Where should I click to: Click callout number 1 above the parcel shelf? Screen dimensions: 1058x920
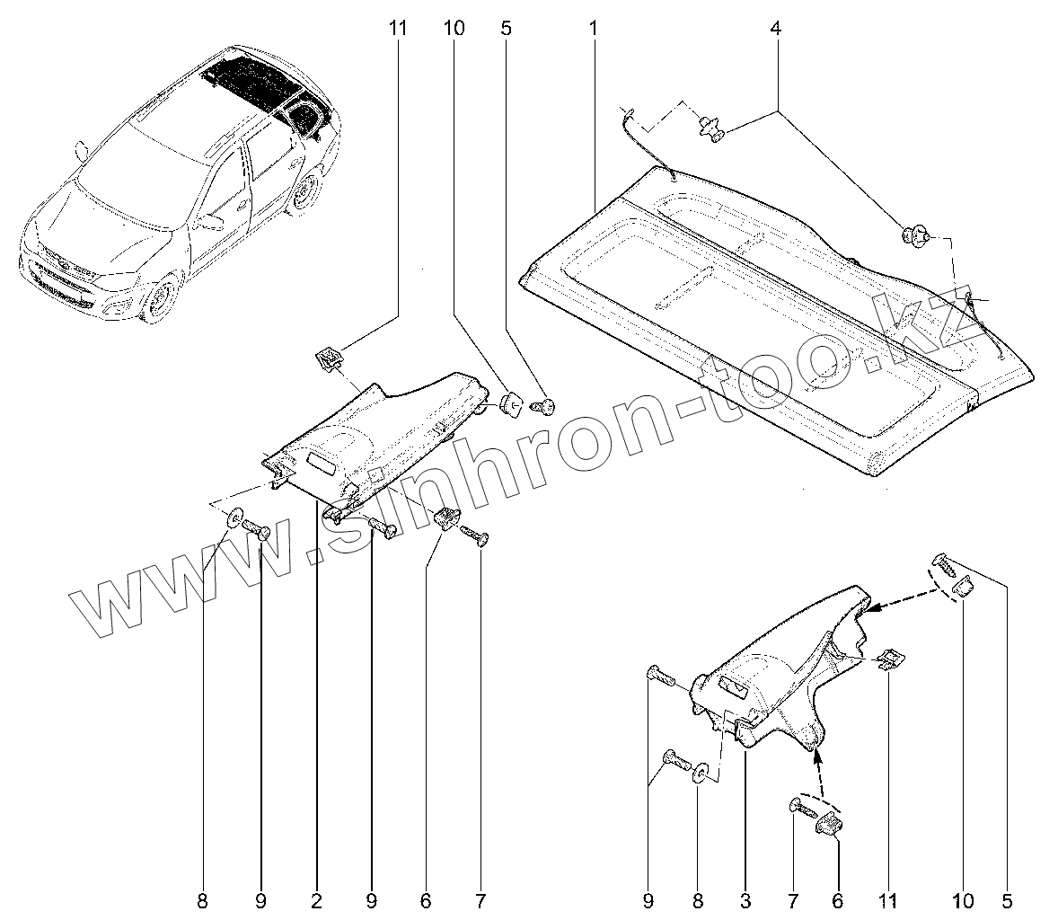pos(593,29)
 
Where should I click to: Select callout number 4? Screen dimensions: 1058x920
pos(775,29)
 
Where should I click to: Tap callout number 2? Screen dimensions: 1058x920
pos(317,899)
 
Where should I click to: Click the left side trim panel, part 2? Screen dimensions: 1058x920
pos(377,431)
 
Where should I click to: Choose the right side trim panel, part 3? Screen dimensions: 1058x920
pos(781,683)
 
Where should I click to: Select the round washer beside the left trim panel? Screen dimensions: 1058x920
pos(236,518)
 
